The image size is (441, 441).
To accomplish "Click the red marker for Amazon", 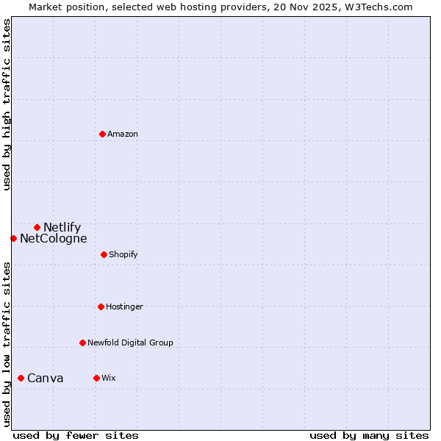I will (x=102, y=134).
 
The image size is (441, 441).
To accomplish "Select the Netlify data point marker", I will (x=37, y=227).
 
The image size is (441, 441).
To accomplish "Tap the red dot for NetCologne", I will (x=13, y=238).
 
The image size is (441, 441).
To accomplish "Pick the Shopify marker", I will (x=104, y=254).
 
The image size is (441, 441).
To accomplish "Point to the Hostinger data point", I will (x=101, y=306).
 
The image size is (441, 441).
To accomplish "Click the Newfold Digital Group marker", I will (x=82, y=343).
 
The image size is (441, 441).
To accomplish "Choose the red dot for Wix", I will (x=96, y=378).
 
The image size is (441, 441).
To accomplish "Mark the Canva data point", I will (x=21, y=378).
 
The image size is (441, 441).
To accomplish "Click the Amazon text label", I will (x=123, y=134).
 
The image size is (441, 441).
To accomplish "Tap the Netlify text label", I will (x=62, y=227).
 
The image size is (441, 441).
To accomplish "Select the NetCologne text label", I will (x=53, y=238).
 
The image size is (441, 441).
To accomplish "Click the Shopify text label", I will (x=123, y=254).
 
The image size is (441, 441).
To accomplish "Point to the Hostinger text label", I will (x=124, y=306).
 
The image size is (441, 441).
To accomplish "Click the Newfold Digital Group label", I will (x=130, y=343).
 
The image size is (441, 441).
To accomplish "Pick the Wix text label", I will (x=108, y=378).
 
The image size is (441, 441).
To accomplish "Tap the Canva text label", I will (x=45, y=378).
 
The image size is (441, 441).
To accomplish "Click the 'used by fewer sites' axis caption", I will (x=76, y=435).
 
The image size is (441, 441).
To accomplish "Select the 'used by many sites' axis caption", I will (x=369, y=435).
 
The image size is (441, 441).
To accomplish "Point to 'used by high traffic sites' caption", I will (x=7, y=104).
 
